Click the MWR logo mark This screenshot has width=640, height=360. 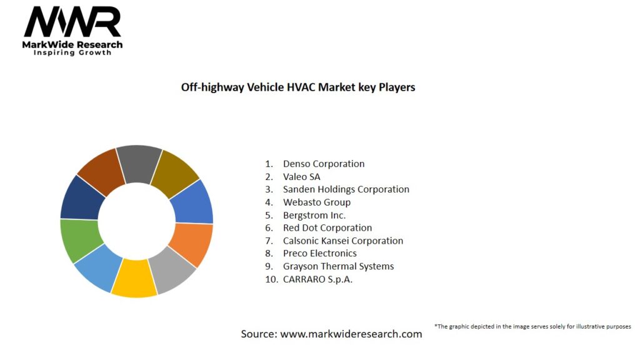pyautogui.click(x=72, y=22)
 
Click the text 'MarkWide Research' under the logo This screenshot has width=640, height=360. pyautogui.click(x=72, y=44)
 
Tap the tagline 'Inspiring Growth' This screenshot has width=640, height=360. pyautogui.click(x=72, y=52)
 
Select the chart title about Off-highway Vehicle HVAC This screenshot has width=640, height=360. pyautogui.click(x=298, y=87)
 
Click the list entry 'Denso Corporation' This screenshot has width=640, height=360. pyautogui.click(x=323, y=164)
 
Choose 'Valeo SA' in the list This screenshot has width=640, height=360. pyautogui.click(x=301, y=177)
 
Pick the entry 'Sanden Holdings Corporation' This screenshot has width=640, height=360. pyautogui.click(x=346, y=189)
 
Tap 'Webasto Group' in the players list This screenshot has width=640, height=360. pyautogui.click(x=316, y=202)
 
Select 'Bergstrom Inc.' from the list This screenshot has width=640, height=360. pyautogui.click(x=314, y=215)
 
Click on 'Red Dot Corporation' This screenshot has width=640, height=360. pyautogui.click(x=327, y=228)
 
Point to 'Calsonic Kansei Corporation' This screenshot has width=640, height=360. pyautogui.click(x=342, y=241)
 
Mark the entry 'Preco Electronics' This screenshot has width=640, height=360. pyautogui.click(x=319, y=253)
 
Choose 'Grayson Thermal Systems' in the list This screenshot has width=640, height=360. pyautogui.click(x=338, y=266)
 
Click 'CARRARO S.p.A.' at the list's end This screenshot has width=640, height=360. pyautogui.click(x=317, y=279)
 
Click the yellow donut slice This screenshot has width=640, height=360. pyautogui.click(x=134, y=278)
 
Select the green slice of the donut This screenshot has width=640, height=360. pyautogui.click(x=79, y=240)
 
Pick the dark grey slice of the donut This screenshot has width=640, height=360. pyautogui.click(x=139, y=164)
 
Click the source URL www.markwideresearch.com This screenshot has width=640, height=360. pyautogui.click(x=351, y=334)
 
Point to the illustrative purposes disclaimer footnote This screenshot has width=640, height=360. pyautogui.click(x=532, y=326)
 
